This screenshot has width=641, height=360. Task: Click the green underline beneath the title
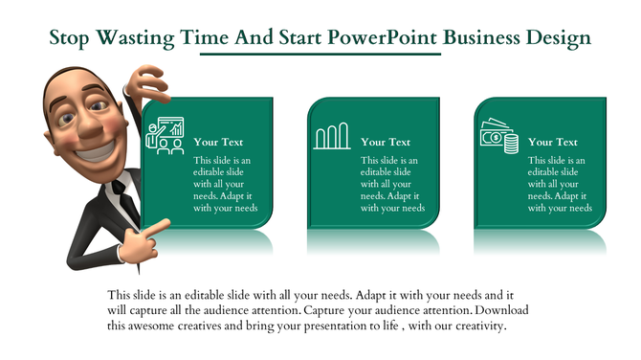coord(320,55)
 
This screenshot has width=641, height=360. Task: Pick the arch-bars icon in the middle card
coord(332,137)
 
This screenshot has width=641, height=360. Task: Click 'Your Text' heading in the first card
coord(218,142)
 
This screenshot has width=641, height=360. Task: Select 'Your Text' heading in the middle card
coord(386,142)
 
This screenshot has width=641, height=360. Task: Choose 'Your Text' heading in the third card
coord(553,142)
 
